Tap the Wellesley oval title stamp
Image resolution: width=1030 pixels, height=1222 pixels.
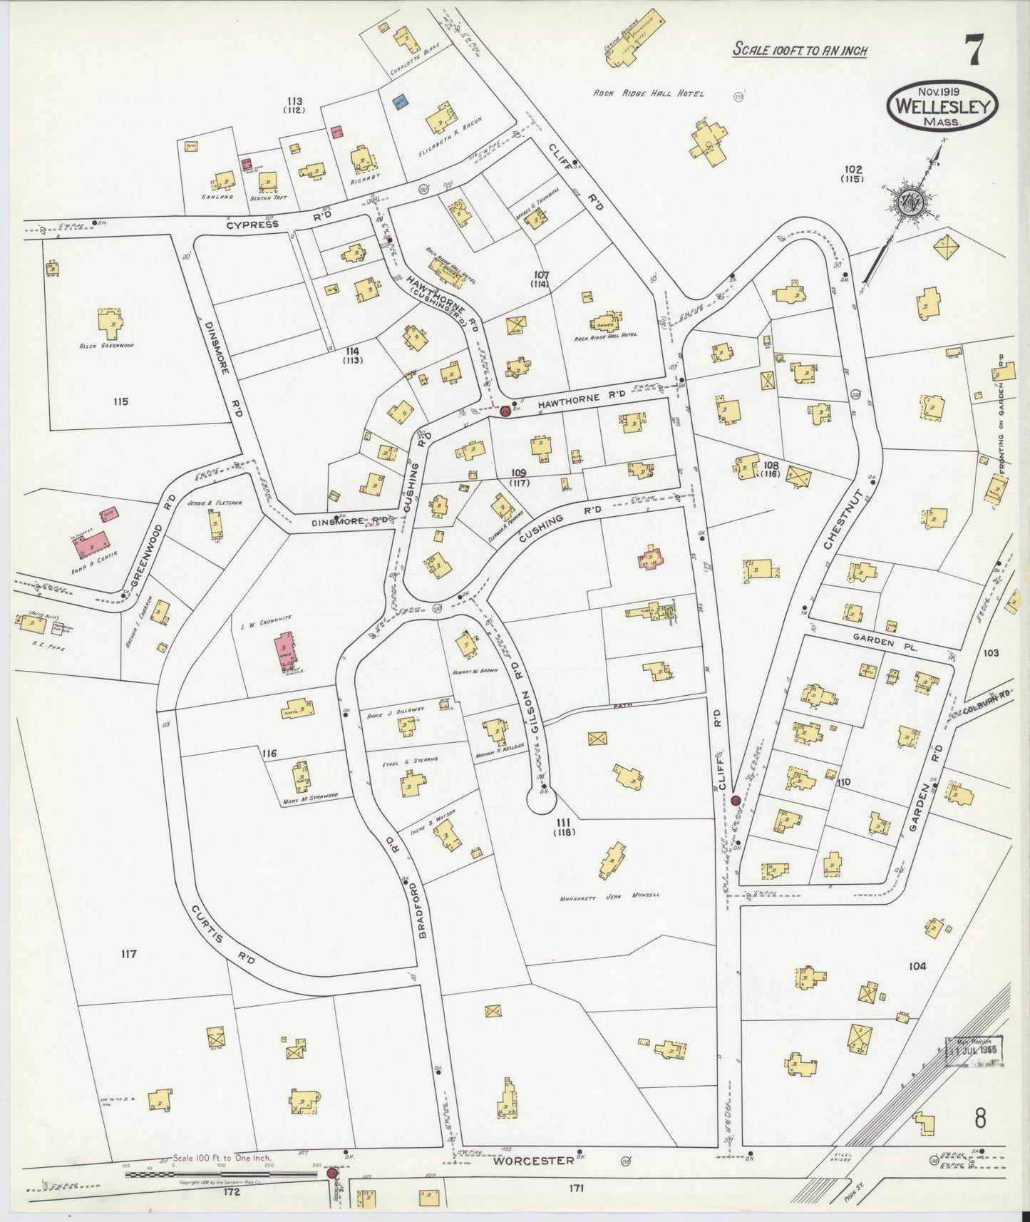tap(942, 106)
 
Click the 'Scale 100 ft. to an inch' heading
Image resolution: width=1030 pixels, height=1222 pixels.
tap(800, 51)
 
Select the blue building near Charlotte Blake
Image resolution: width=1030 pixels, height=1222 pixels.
tap(400, 103)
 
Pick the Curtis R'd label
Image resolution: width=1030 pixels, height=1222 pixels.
tap(223, 935)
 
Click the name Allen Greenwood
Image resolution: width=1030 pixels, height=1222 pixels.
tap(107, 346)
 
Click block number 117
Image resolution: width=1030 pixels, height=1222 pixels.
tap(128, 954)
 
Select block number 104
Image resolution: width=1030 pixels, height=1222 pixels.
tap(917, 966)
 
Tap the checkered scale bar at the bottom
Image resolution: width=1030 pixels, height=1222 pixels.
tap(221, 1174)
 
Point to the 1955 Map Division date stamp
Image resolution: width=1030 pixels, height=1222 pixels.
tap(974, 1050)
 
